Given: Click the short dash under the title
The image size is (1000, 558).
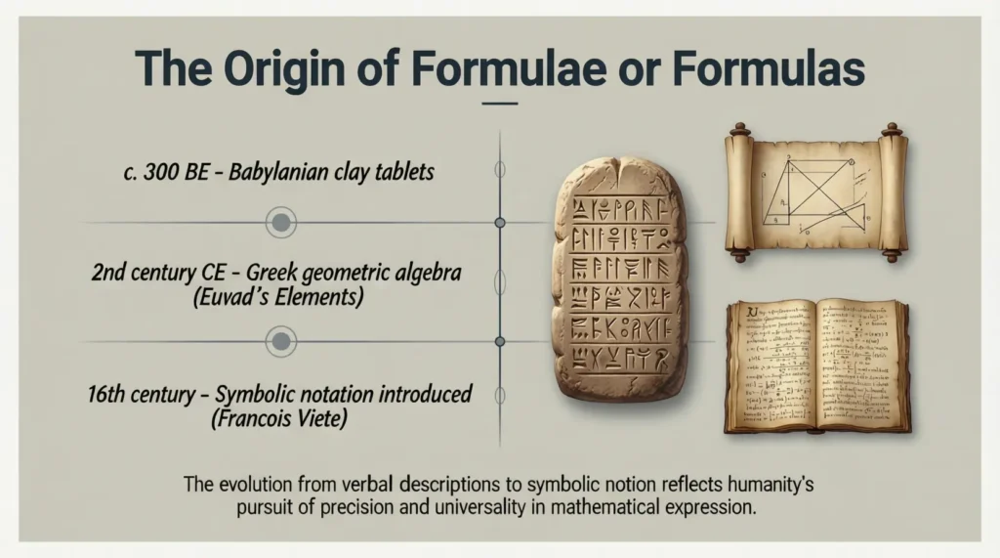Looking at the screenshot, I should click(x=500, y=102).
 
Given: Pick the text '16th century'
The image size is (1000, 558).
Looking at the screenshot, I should click(x=135, y=396).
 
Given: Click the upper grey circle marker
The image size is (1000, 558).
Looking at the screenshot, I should click(x=281, y=223).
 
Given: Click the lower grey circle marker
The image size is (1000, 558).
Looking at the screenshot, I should click(x=281, y=341).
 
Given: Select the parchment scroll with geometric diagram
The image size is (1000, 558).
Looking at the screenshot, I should click(x=815, y=193).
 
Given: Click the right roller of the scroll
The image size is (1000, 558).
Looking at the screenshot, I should click(x=892, y=193).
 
